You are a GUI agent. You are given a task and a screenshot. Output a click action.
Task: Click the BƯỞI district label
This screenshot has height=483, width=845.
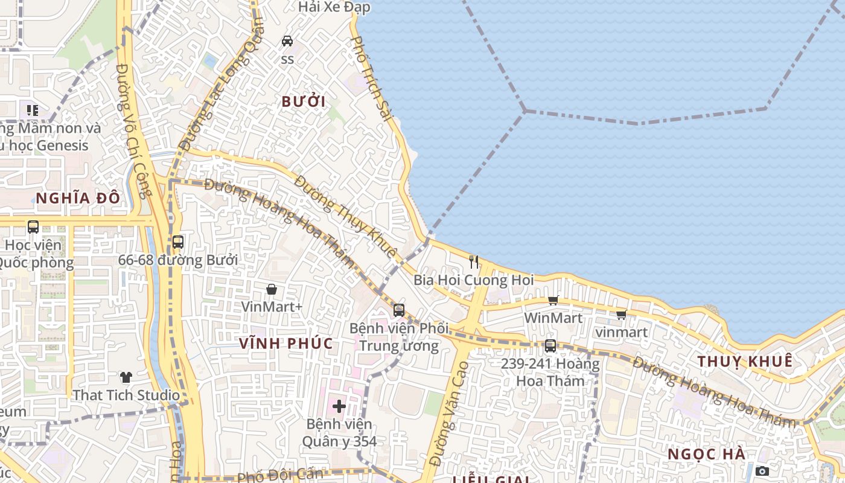(304, 101)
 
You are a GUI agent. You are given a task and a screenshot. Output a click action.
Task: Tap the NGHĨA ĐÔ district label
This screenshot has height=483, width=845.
(78, 198)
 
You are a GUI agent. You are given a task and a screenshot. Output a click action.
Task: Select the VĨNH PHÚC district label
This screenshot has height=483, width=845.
(285, 344)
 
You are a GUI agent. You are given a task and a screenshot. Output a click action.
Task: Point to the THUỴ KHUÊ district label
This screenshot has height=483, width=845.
(745, 362)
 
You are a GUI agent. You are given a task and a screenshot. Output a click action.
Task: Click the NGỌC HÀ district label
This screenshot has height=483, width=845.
(707, 454)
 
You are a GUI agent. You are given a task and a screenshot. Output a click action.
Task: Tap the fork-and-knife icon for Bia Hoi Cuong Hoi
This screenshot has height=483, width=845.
(474, 262)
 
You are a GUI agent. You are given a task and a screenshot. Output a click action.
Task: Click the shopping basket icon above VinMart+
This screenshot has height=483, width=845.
(272, 290)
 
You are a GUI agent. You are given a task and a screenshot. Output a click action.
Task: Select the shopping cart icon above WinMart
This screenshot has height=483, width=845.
(553, 300)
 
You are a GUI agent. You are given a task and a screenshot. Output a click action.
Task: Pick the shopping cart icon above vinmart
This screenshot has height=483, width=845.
(621, 315)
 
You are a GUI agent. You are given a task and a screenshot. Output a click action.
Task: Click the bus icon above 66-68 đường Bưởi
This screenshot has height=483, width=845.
(177, 242)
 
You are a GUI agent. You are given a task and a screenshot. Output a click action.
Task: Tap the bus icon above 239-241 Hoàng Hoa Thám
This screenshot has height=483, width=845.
(550, 346)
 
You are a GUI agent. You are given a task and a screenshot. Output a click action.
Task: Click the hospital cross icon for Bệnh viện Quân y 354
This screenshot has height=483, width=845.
(339, 406)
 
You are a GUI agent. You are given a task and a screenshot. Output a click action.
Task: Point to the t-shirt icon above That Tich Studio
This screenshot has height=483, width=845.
(126, 377)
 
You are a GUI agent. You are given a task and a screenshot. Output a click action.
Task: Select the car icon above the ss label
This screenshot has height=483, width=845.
(287, 41)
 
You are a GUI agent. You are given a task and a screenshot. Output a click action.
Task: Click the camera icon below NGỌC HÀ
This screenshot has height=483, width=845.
(762, 471)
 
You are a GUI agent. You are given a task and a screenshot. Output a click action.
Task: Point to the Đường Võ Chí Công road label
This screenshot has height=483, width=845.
(133, 130)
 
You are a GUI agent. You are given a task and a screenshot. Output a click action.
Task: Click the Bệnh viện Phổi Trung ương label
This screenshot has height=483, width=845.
(399, 337)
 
